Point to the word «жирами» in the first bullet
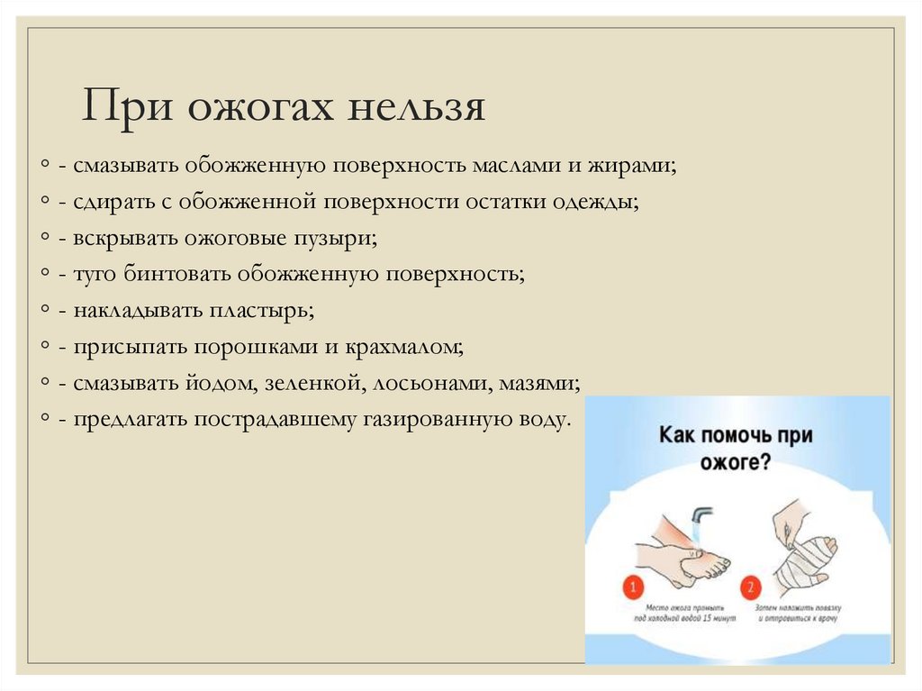(x=631, y=167)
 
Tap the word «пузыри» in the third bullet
(x=340, y=239)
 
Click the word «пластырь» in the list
(x=263, y=311)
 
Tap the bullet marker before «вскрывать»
(x=45, y=239)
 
